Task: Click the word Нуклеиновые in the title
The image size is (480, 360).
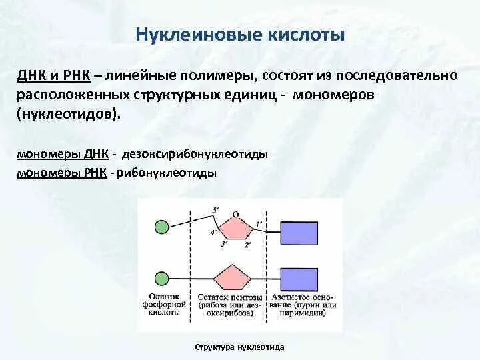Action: coord(199,34)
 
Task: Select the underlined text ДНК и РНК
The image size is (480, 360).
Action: coord(53,75)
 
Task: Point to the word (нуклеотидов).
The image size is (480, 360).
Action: coord(67,115)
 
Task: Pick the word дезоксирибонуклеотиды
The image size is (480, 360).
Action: coord(195,154)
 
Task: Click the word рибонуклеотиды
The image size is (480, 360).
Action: coord(167,173)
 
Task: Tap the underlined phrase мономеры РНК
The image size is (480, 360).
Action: coord(62,173)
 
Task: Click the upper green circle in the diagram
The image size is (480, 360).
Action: coord(161,227)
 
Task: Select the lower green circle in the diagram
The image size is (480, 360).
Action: coord(161,279)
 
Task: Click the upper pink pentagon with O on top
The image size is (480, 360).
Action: coord(235,228)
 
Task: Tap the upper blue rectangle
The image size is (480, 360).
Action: coord(299,233)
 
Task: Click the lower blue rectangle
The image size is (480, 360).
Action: coord(299,279)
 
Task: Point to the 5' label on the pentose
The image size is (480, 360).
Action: coord(215,210)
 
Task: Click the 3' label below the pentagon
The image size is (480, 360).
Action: coord(225,244)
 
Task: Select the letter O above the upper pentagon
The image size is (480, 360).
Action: coord(236,215)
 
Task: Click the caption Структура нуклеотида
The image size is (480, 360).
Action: coord(240,347)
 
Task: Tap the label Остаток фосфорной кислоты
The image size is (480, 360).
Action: coord(164,305)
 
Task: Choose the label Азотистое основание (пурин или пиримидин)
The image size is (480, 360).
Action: coord(303,305)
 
